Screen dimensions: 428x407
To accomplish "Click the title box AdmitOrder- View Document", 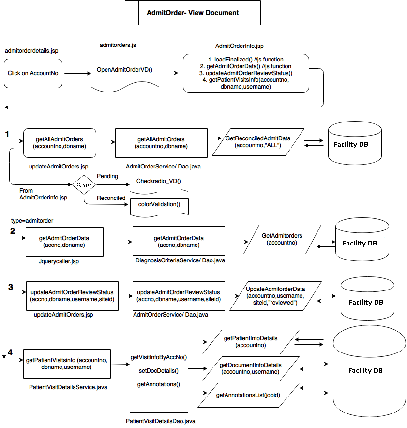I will tap(193, 13).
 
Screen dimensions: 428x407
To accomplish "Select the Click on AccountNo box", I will tap(33, 73).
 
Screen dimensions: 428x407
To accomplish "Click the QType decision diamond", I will tap(84, 185).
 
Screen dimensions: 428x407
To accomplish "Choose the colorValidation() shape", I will tap(158, 205).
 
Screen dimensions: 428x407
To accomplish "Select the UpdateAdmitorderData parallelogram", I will tap(275, 296).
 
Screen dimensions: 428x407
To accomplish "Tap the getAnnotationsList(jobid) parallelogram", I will tap(248, 395).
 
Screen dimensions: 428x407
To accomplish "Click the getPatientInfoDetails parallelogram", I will tap(251, 342).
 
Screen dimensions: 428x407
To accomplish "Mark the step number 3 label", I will tap(11, 287).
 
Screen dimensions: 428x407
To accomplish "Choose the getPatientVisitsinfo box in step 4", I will tap(67, 364).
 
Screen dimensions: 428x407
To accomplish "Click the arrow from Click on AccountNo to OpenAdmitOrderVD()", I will tap(77, 73).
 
